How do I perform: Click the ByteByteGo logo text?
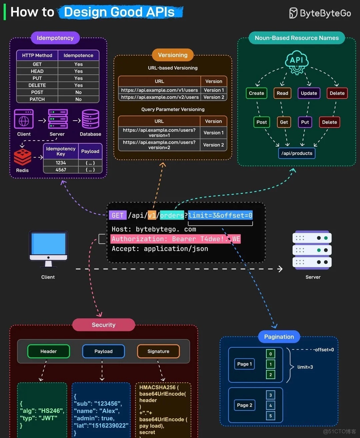(x=325, y=13)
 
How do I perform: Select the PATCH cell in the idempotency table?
(x=37, y=99)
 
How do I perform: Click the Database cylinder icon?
(x=90, y=119)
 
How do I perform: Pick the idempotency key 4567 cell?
(x=61, y=170)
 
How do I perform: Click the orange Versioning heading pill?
(x=173, y=55)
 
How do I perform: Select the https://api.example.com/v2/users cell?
(x=159, y=97)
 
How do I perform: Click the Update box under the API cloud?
(x=309, y=93)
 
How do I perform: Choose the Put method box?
(x=305, y=122)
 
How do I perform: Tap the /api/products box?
(x=297, y=153)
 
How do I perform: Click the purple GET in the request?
(x=117, y=216)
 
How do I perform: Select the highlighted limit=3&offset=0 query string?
(x=220, y=216)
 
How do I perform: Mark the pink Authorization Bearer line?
(x=176, y=239)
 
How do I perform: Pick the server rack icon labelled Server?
(x=312, y=250)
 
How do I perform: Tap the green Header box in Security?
(x=49, y=351)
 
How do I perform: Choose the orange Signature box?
(x=158, y=351)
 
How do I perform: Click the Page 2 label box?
(x=245, y=405)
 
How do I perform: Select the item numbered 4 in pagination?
(x=270, y=405)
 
